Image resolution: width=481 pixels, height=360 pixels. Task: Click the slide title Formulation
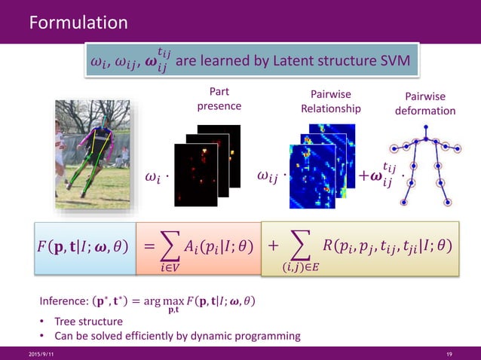pyautogui.click(x=78, y=23)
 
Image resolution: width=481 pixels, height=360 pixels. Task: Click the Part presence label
pyautogui.click(x=219, y=99)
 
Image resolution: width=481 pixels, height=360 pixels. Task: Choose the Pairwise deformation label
pyautogui.click(x=425, y=104)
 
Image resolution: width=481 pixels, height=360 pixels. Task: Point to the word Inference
pyautogui.click(x=63, y=302)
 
